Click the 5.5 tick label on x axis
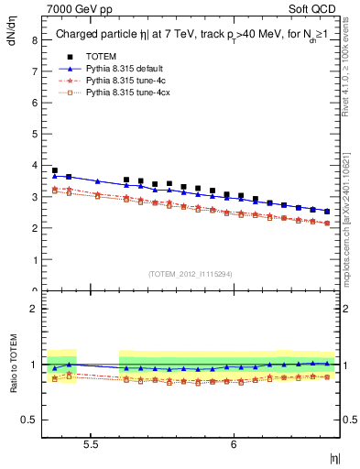[91, 444]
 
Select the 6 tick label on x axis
[234, 444]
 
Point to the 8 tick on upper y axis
[34, 41]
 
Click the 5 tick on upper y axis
[34, 135]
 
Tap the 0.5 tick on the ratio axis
[29, 420]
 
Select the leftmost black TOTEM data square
[55, 170]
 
